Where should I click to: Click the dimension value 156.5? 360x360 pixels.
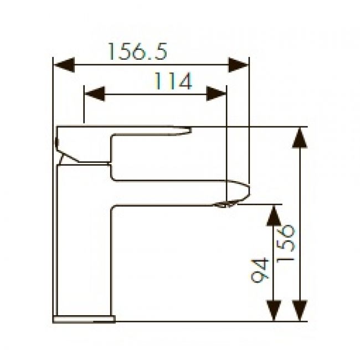tap(137, 52)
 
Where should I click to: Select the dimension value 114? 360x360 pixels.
tap(173, 81)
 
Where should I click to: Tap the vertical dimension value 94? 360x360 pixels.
tap(260, 270)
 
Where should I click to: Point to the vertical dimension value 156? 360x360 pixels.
tap(286, 244)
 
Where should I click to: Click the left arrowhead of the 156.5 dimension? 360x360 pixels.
tap(64, 65)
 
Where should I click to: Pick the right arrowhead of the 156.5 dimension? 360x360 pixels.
tap(239, 65)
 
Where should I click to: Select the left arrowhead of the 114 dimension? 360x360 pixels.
tap(95, 94)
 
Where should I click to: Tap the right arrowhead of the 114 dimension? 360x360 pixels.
tap(216, 94)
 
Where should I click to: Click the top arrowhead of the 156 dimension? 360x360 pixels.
tap(300, 137)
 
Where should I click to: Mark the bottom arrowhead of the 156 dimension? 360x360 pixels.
tap(300, 310)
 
